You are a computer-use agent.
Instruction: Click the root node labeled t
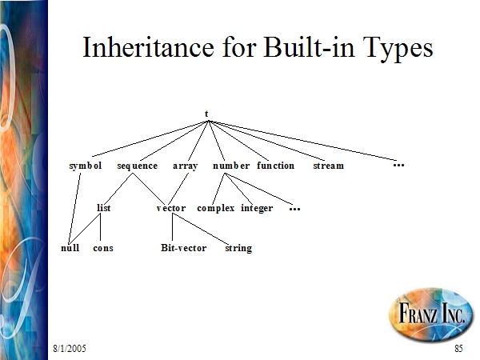click(206, 114)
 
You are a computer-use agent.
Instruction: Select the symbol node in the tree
click(86, 166)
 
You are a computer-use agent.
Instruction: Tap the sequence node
click(138, 166)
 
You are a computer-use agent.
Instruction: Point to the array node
click(186, 166)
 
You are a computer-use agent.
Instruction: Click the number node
click(231, 166)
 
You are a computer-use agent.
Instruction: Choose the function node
click(275, 166)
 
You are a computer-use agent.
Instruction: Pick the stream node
click(329, 166)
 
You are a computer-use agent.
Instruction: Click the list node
click(103, 208)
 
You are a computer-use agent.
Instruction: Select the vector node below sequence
click(171, 209)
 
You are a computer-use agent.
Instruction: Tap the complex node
click(216, 209)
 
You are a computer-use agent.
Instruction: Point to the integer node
click(257, 209)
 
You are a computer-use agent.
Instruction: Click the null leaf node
click(70, 248)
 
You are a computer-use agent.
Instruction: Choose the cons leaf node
click(103, 248)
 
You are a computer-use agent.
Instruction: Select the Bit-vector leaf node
click(184, 248)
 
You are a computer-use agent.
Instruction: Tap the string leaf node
click(238, 248)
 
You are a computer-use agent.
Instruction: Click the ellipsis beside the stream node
click(398, 166)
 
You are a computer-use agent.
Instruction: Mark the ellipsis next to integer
click(294, 210)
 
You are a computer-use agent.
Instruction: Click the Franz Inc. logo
click(430, 313)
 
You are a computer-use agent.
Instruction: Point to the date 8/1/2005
click(70, 348)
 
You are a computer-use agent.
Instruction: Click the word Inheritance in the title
click(148, 47)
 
